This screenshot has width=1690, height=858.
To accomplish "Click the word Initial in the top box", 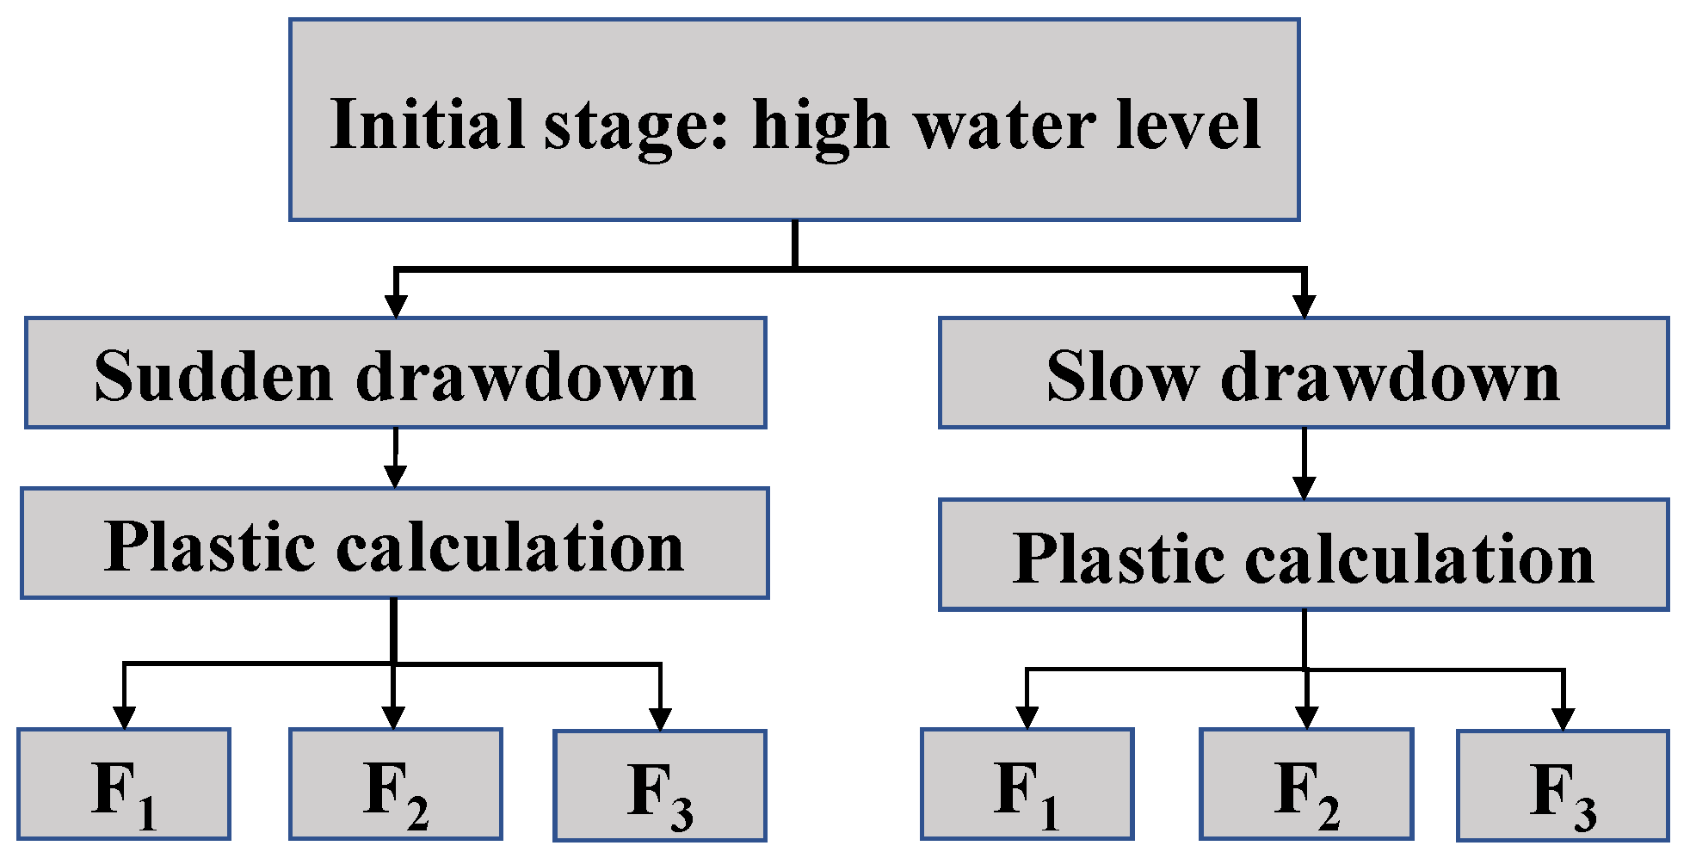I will tap(427, 125).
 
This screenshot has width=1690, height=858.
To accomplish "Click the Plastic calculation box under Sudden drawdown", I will tap(394, 544).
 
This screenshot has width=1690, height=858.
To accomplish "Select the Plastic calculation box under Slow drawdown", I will tap(1303, 556).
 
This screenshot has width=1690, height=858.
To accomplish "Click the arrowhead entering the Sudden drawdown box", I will tap(395, 306).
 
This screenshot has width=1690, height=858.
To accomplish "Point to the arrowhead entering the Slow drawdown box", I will tap(1305, 306).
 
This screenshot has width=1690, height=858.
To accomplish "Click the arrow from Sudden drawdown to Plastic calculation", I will tap(395, 459).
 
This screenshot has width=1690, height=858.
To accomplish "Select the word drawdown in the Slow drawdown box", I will tap(1390, 376).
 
